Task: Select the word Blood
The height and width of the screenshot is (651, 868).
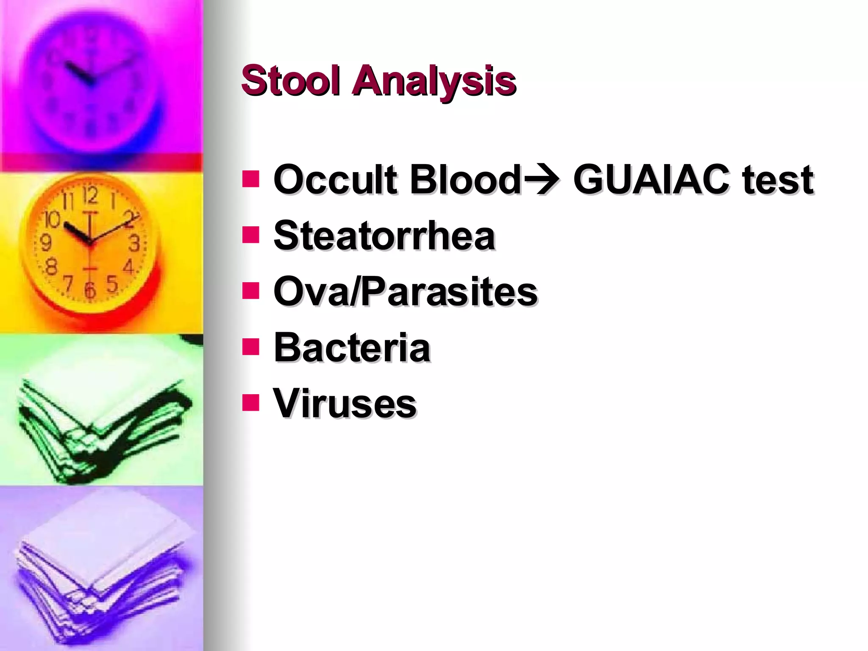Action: (x=465, y=180)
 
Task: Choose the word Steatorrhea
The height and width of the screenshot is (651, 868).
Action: (x=384, y=236)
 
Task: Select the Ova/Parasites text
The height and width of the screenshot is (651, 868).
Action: (x=405, y=292)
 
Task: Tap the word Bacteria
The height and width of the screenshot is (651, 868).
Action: (x=352, y=348)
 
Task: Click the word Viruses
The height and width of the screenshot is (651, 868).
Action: (x=345, y=403)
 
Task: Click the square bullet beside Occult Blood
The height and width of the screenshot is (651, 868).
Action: (x=250, y=179)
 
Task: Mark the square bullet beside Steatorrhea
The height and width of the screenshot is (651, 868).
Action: (x=250, y=235)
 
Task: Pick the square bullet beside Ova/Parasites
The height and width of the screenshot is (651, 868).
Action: (x=250, y=291)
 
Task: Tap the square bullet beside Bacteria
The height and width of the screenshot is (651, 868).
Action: (x=250, y=347)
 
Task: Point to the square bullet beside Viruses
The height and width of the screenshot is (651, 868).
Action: (x=250, y=403)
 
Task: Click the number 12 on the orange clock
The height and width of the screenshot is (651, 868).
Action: (x=90, y=196)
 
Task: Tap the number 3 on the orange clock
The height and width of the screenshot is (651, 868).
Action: (x=134, y=243)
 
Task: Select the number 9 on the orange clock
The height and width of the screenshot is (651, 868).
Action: (x=45, y=243)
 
